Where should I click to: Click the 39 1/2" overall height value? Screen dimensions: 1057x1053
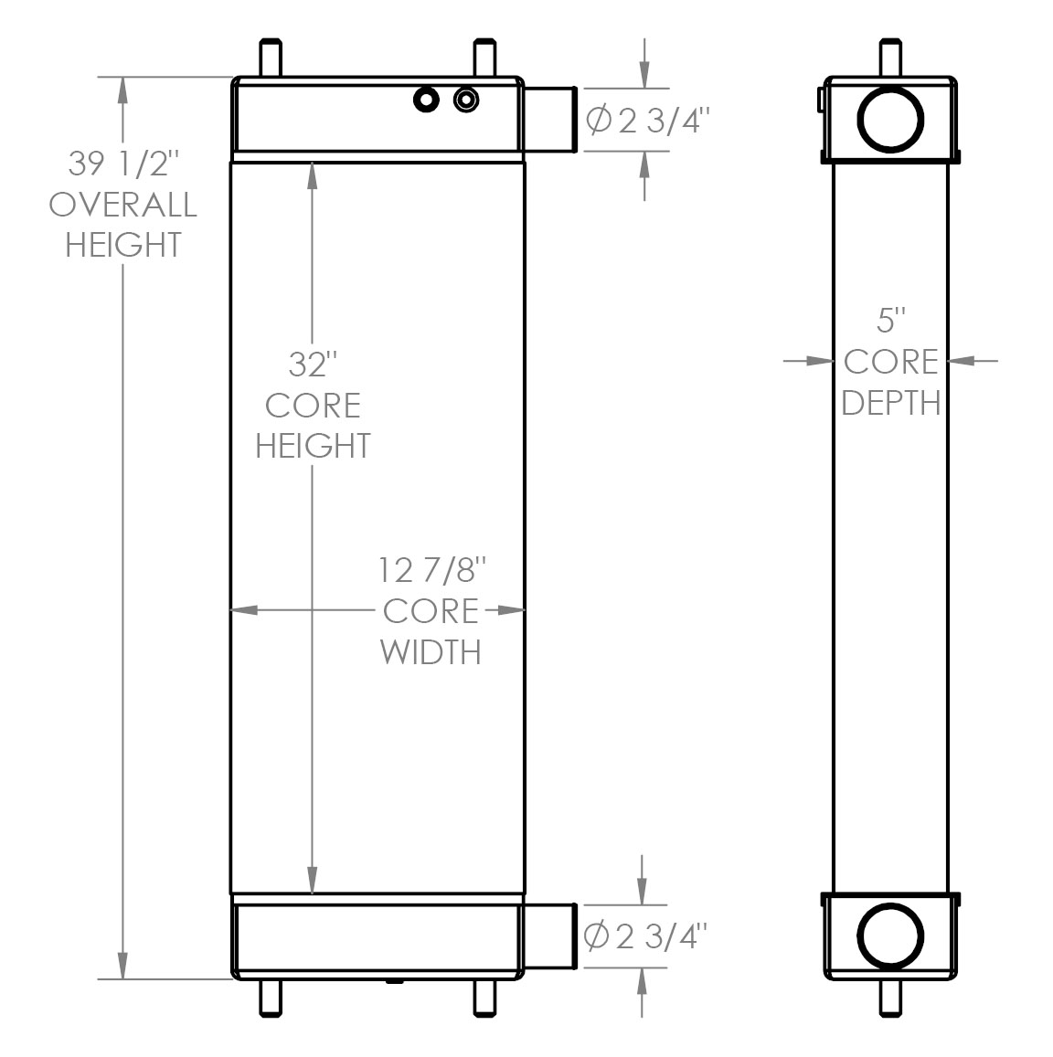click(123, 164)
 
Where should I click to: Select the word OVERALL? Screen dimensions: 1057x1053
click(123, 205)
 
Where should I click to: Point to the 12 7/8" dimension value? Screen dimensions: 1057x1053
click(430, 571)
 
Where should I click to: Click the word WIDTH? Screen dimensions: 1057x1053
click(430, 651)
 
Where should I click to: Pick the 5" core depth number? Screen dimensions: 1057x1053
click(890, 321)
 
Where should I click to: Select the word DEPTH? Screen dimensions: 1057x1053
click(890, 402)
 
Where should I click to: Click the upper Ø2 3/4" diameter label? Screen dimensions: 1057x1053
click(646, 120)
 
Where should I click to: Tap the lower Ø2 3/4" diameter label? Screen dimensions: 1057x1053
click(646, 935)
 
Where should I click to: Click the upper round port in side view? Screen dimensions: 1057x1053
click(890, 118)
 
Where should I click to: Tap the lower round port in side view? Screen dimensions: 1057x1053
click(890, 936)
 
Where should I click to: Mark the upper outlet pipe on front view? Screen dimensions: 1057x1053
click(549, 119)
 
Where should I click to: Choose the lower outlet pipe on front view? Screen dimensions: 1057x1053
click(549, 935)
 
